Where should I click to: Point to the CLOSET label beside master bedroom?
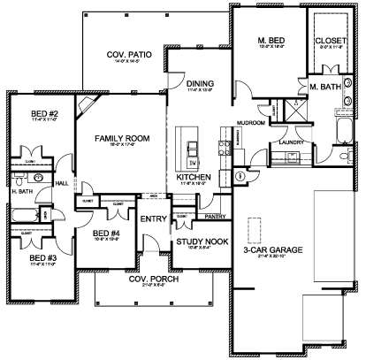coord(329,41)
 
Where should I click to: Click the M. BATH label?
coord(325,86)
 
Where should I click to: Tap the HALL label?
coord(62,183)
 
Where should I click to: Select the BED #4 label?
coord(109,233)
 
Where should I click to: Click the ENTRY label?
coord(153,220)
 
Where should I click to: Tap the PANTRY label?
coord(211,215)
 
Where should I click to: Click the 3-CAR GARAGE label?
coord(274,252)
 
